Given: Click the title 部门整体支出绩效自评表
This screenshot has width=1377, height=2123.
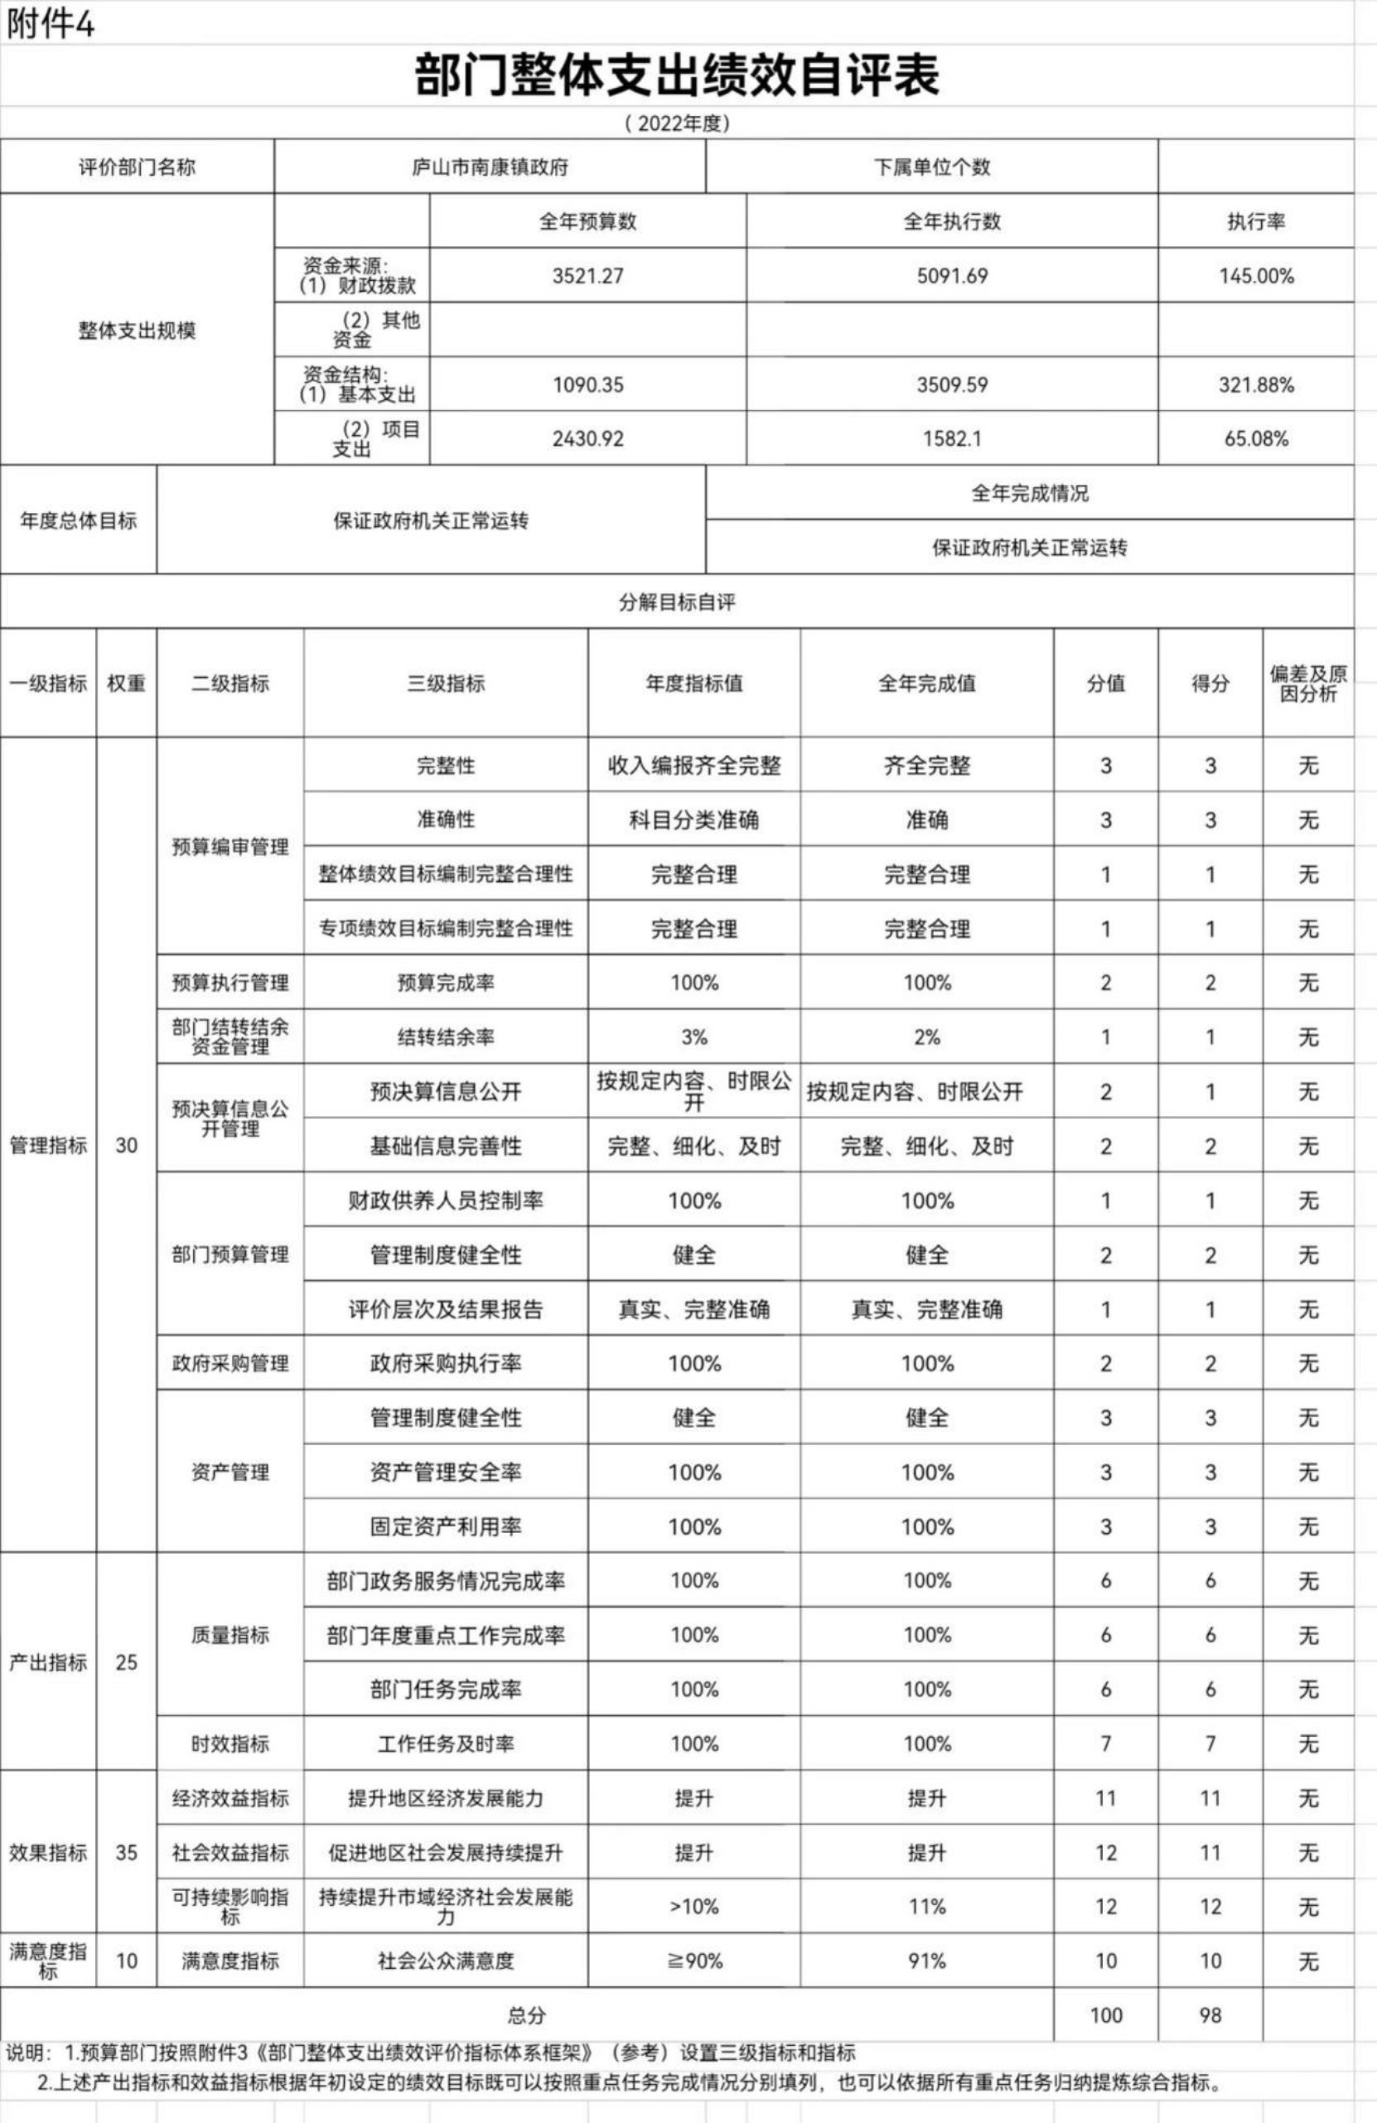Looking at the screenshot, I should pyautogui.click(x=677, y=75).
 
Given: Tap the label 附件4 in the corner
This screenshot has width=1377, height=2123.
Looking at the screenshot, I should pyautogui.click(x=50, y=24).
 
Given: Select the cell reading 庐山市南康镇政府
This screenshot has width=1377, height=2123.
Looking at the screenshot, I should pyautogui.click(x=490, y=167).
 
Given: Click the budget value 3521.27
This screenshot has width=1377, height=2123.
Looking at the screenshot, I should pyautogui.click(x=587, y=276).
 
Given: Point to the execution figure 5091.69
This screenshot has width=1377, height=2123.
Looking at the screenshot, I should pyautogui.click(x=952, y=276).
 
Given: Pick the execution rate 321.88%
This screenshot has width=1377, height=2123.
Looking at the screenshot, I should pyautogui.click(x=1256, y=384).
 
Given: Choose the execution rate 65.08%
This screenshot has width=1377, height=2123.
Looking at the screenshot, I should pyautogui.click(x=1256, y=438).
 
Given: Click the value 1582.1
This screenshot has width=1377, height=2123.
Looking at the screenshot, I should pyautogui.click(x=952, y=438).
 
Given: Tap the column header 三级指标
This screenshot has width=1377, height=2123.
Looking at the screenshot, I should pyautogui.click(x=446, y=684).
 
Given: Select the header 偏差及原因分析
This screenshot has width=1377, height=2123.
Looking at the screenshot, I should pyautogui.click(x=1308, y=684).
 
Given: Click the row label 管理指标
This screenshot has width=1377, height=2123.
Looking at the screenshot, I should pyautogui.click(x=48, y=1145).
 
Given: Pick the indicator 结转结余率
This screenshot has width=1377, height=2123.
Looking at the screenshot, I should pyautogui.click(x=446, y=1037).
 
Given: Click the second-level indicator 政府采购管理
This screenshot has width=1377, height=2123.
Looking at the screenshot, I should pyautogui.click(x=230, y=1363).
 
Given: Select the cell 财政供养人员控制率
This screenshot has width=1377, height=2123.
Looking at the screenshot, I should pyautogui.click(x=446, y=1201).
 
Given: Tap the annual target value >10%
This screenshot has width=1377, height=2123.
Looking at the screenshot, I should pyautogui.click(x=693, y=1906).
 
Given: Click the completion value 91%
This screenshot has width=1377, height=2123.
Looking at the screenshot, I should pyautogui.click(x=926, y=1961).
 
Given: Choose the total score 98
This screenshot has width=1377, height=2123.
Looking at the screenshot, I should pyautogui.click(x=1210, y=2015).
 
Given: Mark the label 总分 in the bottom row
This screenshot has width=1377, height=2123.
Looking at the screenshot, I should pyautogui.click(x=526, y=2015).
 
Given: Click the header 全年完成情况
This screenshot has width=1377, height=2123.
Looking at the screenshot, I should pyautogui.click(x=1029, y=493).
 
